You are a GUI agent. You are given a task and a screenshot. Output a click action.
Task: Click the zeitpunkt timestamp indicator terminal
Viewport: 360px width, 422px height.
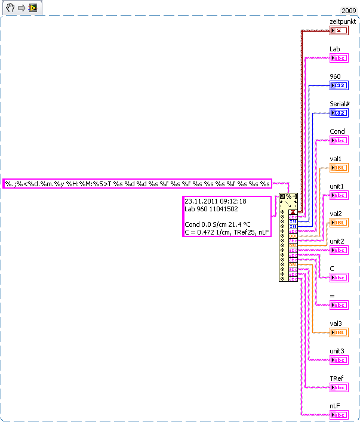click(x=339, y=30)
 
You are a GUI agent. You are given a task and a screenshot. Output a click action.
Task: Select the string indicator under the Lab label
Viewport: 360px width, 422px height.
click(x=339, y=58)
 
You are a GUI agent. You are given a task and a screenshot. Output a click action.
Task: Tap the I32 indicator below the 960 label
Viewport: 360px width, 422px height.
click(x=339, y=85)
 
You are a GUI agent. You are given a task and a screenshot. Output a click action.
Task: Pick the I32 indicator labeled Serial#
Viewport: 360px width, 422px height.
click(x=339, y=113)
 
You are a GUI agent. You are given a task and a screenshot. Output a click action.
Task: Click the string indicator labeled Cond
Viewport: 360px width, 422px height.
click(x=339, y=140)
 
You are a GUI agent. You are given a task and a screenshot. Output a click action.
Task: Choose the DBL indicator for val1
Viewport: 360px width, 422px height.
click(x=339, y=168)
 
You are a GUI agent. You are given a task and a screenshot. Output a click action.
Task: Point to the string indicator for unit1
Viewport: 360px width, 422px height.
click(x=339, y=195)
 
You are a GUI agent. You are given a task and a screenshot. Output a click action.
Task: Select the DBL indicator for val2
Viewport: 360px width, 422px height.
click(x=339, y=223)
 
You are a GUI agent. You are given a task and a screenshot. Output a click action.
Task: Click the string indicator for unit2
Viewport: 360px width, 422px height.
click(x=339, y=250)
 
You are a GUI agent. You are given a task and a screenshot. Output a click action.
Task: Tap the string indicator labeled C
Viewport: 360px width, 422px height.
click(x=339, y=278)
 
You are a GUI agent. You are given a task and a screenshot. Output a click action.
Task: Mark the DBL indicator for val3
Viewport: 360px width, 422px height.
click(x=339, y=332)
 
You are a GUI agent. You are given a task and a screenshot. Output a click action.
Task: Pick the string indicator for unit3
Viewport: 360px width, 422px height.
click(x=339, y=360)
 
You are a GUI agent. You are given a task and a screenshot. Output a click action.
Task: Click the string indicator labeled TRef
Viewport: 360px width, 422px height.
click(x=339, y=387)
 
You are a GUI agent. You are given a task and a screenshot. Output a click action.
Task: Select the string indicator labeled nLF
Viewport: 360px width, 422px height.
click(x=339, y=415)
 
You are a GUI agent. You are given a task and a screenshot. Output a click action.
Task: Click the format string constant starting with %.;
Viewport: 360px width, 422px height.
click(x=137, y=184)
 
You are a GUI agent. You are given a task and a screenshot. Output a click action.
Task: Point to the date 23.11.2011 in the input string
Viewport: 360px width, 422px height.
click(x=201, y=201)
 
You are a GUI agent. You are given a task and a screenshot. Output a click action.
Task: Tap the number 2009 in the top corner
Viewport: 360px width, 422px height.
click(x=349, y=11)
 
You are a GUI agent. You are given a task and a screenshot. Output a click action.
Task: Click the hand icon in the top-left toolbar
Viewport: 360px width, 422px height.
click(x=9, y=8)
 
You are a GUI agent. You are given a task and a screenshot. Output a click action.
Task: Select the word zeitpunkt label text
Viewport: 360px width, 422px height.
click(x=343, y=21)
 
